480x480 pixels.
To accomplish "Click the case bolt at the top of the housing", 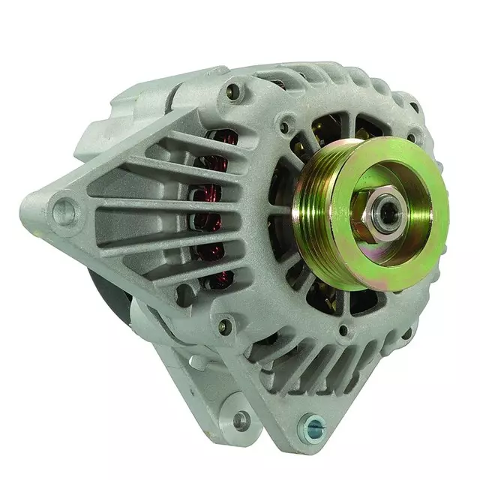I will (234, 92).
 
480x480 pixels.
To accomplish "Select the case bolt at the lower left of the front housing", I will (223, 325).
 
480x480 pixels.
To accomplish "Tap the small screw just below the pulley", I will (343, 329).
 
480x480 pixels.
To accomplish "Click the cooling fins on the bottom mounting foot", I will (315, 375).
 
